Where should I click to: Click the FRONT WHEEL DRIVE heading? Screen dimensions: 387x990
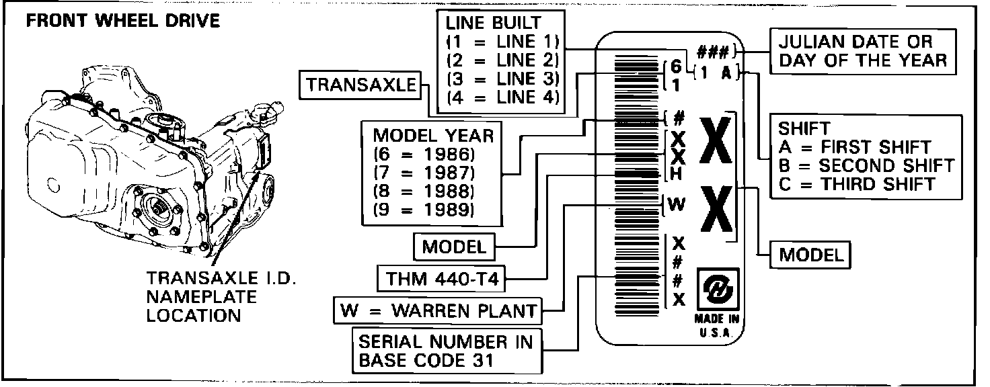[x=122, y=21]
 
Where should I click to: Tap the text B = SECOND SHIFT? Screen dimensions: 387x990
[x=866, y=165]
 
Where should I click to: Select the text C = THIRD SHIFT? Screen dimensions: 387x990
[x=858, y=184]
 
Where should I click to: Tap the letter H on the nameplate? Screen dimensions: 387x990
[x=678, y=173]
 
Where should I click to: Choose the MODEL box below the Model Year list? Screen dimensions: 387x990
[x=453, y=247]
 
